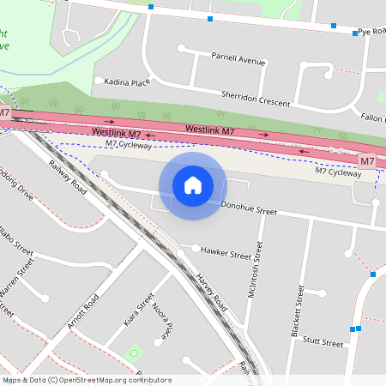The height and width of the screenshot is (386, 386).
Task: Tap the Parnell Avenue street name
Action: click(239, 60)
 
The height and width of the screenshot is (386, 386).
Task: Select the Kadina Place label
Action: click(127, 81)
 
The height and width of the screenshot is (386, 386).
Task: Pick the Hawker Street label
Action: click(227, 255)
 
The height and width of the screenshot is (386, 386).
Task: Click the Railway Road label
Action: click(68, 176)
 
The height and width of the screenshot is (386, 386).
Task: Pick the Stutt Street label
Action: click(323, 342)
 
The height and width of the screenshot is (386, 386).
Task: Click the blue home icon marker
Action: click(193, 184)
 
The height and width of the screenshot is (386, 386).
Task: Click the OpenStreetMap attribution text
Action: click(87, 380)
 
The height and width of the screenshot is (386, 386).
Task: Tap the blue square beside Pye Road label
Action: click(355, 33)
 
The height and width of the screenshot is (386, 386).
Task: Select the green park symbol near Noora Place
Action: click(132, 353)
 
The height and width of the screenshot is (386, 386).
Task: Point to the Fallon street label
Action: click(372, 118)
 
